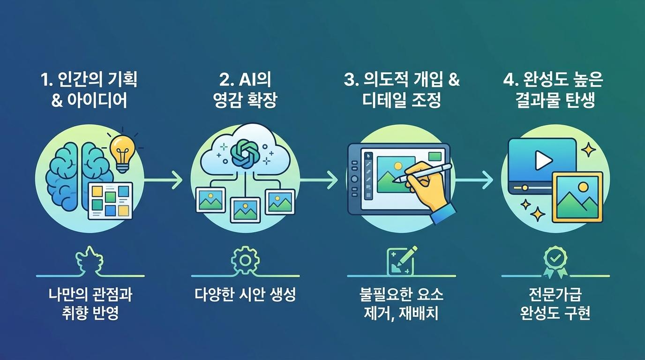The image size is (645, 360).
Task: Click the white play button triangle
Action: (543, 161)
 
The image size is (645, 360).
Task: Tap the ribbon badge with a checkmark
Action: (555, 262)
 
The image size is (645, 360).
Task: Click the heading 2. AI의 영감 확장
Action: (245, 90)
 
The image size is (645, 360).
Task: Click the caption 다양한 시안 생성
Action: (245, 295)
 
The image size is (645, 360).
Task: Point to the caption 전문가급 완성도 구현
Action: (555, 304)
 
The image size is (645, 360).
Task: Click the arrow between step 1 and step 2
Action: (162, 179)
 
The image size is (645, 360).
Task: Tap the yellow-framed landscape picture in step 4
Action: (577, 197)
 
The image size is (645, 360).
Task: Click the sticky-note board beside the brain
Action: (111, 200)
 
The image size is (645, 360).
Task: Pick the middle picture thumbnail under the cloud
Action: (245, 210)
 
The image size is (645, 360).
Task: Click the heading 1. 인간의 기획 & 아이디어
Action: (89, 90)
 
